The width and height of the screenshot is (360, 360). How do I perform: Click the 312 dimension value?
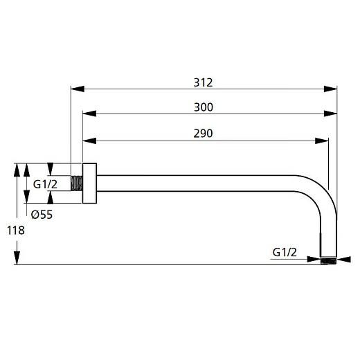tap(203, 82)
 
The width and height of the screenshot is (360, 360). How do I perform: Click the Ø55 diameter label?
tap(42, 214)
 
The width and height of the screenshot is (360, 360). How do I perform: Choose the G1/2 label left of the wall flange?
tap(45, 184)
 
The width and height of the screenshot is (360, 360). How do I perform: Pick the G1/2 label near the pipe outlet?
tap(285, 253)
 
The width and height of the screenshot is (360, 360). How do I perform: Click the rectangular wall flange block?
tap(89, 184)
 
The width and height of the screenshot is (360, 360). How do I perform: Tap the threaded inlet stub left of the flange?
tap(77, 184)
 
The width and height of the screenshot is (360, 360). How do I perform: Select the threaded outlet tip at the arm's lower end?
tap(329, 261)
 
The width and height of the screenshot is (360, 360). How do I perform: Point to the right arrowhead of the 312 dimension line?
tap(332, 89)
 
